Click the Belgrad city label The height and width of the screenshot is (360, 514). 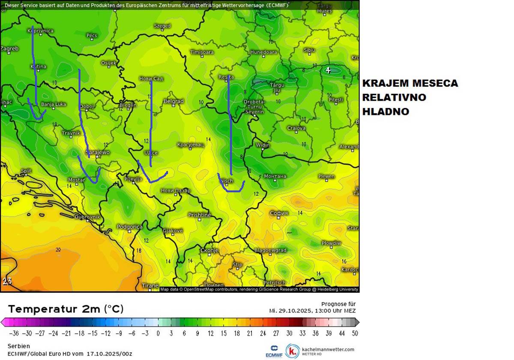(173, 102)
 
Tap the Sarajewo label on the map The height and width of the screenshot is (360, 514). (98, 153)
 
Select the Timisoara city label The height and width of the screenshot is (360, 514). (202, 52)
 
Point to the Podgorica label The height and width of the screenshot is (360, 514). (129, 227)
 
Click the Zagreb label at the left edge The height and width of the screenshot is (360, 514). (9, 49)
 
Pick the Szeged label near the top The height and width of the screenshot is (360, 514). (162, 26)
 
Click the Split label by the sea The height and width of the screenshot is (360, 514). (26, 171)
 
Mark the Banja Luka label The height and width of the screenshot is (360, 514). (54, 104)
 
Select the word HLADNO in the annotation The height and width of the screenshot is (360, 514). (385, 112)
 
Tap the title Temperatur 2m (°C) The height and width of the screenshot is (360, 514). (66, 309)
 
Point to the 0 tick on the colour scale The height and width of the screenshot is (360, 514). (158, 333)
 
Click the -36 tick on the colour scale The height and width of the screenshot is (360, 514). (14, 333)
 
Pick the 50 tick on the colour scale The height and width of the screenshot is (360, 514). (354, 333)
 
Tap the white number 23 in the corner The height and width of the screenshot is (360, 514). (7, 282)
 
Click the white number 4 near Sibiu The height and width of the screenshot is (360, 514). (329, 70)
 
